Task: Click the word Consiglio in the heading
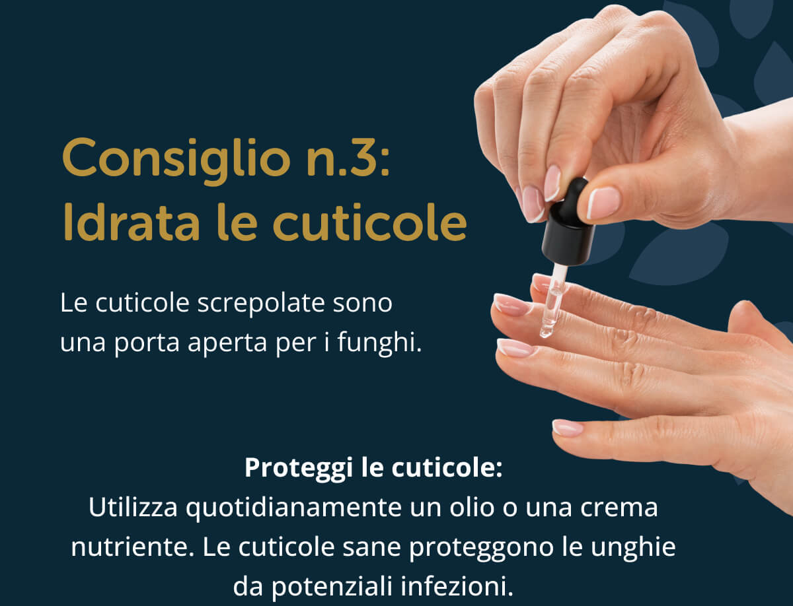click(x=176, y=161)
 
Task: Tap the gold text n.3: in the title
click(x=348, y=158)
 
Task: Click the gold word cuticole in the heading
click(x=369, y=222)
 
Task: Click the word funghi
click(x=379, y=343)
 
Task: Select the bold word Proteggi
click(x=299, y=468)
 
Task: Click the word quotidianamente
click(x=293, y=508)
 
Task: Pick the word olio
click(x=472, y=507)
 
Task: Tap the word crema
click(x=619, y=508)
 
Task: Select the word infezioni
click(x=457, y=586)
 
